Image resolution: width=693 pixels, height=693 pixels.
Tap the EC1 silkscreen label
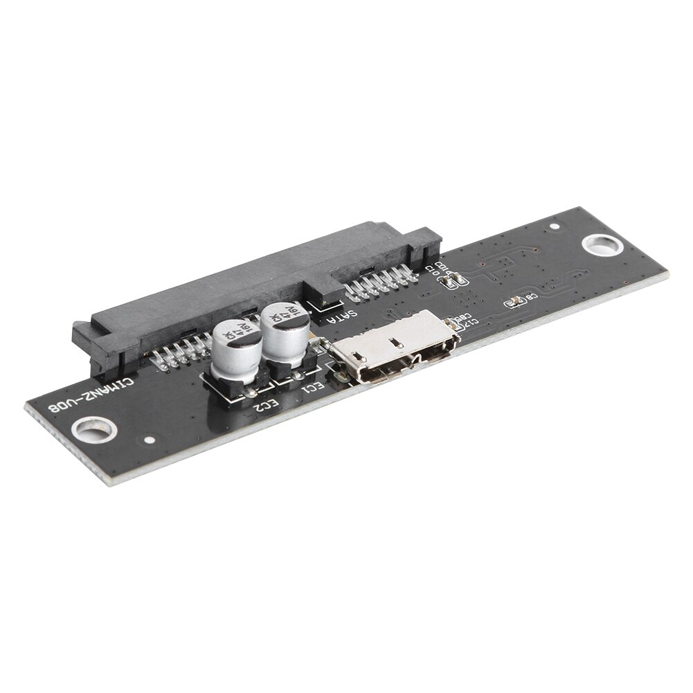(312, 386)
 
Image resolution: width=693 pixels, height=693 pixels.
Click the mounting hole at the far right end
(600, 245)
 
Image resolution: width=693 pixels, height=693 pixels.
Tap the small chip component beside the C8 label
(515, 301)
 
